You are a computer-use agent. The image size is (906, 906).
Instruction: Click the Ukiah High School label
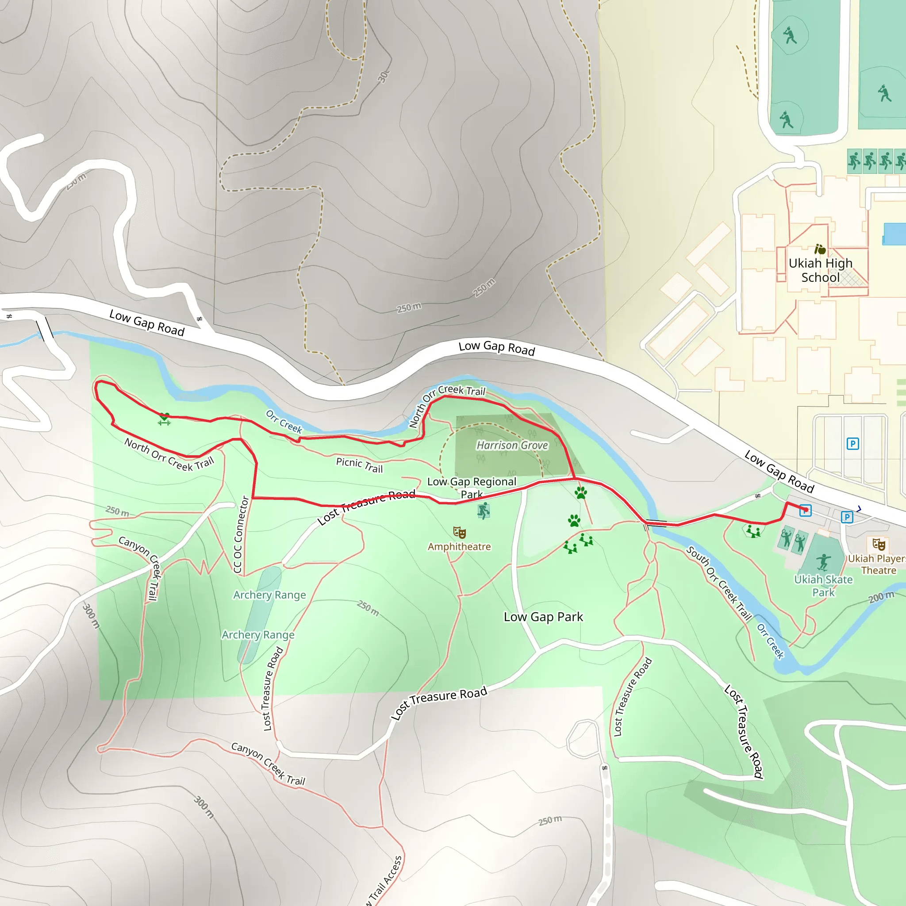pos(820,270)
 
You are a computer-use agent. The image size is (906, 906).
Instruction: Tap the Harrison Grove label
pos(512,445)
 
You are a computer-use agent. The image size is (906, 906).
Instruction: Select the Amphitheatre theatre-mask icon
pos(459,532)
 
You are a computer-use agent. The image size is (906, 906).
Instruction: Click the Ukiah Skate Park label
pos(823,586)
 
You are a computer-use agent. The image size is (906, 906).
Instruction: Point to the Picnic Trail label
pos(359,465)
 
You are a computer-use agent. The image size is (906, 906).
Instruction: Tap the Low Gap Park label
pos(543,617)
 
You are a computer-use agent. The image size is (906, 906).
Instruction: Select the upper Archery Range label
pos(270,595)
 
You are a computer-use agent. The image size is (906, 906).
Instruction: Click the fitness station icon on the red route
pos(164,419)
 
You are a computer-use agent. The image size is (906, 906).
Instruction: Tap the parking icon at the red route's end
pos(805,511)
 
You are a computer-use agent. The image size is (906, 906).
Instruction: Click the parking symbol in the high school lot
pos(852,444)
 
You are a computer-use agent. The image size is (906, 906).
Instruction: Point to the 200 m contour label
pos(881,597)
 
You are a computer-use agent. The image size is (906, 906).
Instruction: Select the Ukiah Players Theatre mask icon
pos(878,545)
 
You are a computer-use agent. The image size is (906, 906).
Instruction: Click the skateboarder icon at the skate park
pos(823,562)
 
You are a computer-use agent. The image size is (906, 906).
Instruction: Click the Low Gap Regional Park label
pos(471,487)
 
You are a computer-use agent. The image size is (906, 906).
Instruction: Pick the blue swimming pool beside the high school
pos(894,234)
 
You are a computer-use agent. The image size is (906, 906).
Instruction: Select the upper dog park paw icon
pos(580,492)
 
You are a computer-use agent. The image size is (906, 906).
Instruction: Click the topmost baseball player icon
pos(790,36)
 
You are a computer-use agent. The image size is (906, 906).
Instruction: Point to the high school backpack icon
pos(820,249)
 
